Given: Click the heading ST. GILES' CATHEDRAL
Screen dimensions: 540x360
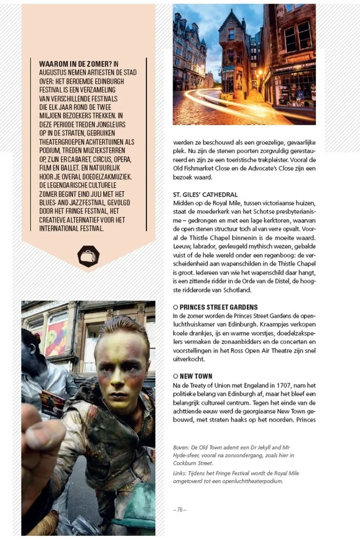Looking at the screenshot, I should coord(205,195).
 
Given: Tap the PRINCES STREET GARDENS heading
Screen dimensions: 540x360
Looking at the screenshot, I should coord(218,307).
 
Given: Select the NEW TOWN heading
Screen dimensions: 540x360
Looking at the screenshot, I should coord(196,376).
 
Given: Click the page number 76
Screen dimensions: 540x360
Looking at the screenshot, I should coord(179,510).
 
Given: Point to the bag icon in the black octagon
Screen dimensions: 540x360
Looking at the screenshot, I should coord(88,256).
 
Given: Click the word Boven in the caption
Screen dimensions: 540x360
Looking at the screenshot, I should coord(180,448).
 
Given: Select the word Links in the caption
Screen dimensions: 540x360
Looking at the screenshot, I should coord(179,473).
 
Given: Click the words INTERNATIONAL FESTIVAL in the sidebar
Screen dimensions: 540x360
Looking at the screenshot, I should coord(71,229).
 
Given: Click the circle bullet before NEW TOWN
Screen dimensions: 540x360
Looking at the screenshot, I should coord(175,376).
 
